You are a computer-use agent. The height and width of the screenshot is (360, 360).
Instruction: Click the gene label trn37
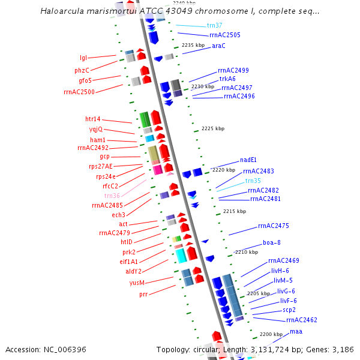pos(214,26)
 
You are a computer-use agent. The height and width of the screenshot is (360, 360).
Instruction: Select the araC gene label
pos(218,46)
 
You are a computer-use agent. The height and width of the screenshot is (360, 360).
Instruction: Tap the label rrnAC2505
pos(229,35)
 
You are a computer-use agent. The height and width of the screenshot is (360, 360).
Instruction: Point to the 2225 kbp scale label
pos(213,128)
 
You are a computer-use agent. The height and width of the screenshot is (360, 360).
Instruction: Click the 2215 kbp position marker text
pos(234,211)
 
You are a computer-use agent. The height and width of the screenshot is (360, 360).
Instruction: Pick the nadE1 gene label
pos(248,160)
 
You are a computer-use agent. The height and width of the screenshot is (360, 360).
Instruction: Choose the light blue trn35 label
pos(253,181)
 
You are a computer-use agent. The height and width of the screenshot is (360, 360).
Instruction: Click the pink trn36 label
pos(112,196)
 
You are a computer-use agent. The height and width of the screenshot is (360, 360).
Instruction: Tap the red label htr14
pos(93,119)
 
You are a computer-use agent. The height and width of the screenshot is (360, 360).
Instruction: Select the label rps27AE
pos(101,166)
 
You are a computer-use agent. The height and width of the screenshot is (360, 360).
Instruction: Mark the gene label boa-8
pos(272,242)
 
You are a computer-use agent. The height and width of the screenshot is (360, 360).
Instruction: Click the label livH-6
pos(280,271)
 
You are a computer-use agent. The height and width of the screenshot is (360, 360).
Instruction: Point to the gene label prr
pos(143,294)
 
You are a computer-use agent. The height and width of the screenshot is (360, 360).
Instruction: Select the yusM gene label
pos(137,282)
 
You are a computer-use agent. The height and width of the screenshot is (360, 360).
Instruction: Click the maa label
pos(296,331)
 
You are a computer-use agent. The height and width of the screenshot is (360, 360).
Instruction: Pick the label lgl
pos(83,58)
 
